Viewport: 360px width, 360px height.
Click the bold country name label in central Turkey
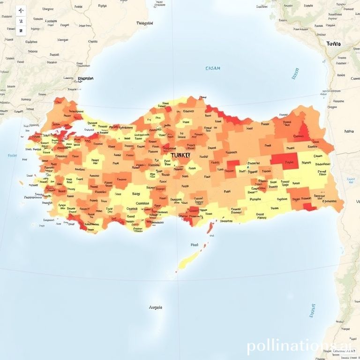[180, 155]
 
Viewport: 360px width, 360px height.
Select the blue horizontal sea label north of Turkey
[213, 68]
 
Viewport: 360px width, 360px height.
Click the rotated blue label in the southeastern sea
[312, 310]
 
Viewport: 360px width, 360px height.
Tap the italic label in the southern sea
[156, 307]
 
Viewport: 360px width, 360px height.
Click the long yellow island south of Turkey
[188, 258]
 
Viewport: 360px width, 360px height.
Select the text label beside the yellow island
[195, 245]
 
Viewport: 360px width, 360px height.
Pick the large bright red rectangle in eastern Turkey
[285, 161]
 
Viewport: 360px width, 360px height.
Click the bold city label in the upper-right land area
[333, 44]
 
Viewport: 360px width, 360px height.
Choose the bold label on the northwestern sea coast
[85, 79]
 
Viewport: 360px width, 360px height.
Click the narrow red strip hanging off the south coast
[210, 228]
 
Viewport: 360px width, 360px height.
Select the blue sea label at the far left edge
[12, 155]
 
